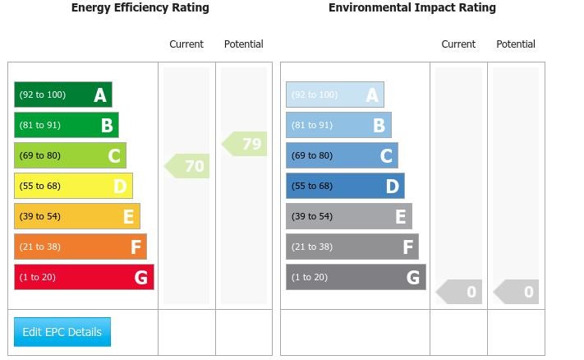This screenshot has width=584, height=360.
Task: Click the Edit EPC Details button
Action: pos(62,332)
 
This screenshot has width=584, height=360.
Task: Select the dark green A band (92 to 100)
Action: pos(63,95)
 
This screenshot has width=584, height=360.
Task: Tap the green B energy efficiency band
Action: pos(67,126)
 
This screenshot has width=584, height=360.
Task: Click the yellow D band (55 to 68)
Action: pos(73,187)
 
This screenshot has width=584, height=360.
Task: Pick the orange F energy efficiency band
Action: pos(80,247)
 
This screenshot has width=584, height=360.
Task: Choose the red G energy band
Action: pos(84,277)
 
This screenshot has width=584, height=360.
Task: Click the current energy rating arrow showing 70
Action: pos(188,167)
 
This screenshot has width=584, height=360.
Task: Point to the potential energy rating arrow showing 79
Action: pos(246,145)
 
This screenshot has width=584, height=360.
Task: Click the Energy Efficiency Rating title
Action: pos(140,8)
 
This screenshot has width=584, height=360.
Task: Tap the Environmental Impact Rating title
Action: pos(412,8)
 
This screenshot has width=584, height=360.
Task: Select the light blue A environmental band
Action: pos(335,95)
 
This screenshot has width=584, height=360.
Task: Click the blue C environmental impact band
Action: pos(342,156)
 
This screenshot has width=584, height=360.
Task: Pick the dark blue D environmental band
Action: pos(345,187)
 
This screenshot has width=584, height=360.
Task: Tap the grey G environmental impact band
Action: pos(356,277)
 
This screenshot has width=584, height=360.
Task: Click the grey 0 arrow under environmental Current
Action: pos(460,292)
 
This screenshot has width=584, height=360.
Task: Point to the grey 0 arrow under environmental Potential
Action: pos(517,292)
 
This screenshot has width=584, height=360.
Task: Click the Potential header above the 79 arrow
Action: pos(244,44)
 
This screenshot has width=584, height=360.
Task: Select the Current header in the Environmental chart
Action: pos(458,44)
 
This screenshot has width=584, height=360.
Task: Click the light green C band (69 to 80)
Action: pos(70,156)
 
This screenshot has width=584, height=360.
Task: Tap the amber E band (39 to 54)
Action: pos(77,216)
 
